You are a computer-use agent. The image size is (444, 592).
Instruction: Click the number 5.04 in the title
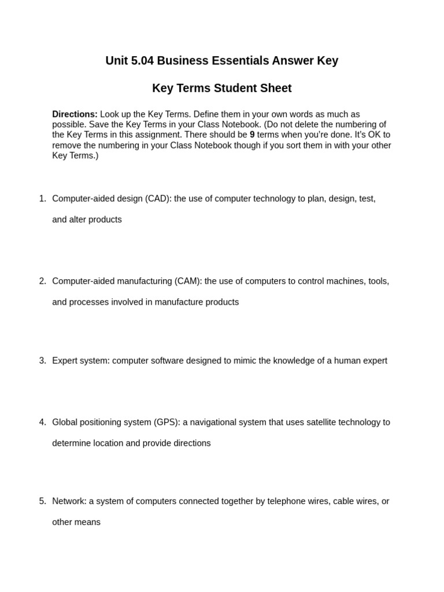[x=142, y=61]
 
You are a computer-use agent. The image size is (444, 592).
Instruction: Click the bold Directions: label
[x=75, y=114]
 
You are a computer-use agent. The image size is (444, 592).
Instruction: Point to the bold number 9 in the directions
[x=252, y=135]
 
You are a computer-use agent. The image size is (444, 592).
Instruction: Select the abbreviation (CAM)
[x=188, y=282]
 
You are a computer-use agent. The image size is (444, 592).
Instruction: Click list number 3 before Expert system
[x=42, y=361]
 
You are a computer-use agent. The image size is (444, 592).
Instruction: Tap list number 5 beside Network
[x=42, y=501]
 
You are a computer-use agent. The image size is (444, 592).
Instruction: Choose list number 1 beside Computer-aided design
[x=42, y=199]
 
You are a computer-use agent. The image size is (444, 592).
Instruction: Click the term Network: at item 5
[x=69, y=501]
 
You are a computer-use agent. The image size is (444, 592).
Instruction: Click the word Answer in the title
[x=294, y=61]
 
